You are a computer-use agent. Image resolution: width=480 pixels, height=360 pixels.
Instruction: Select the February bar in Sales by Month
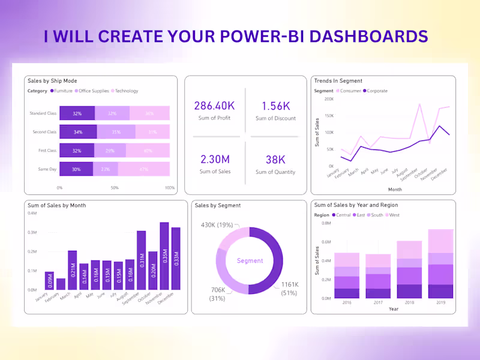click(x=61, y=284)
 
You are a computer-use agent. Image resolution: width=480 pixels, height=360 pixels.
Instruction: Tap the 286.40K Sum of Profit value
click(x=214, y=106)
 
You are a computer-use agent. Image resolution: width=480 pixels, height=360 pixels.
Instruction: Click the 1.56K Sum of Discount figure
click(x=275, y=106)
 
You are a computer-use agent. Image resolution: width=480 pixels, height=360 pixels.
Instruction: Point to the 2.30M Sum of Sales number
click(x=214, y=160)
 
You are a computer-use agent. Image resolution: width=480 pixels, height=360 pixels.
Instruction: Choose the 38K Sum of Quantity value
click(x=275, y=160)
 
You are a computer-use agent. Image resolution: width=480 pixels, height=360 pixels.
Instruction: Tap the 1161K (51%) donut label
click(x=289, y=289)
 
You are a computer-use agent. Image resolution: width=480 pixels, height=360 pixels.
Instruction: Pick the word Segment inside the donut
click(x=250, y=261)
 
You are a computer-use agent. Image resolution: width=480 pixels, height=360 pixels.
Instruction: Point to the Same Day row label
click(x=47, y=169)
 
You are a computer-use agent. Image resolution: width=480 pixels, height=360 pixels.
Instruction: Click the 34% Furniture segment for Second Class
click(x=78, y=132)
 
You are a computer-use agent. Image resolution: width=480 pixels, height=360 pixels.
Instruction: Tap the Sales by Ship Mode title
click(x=52, y=81)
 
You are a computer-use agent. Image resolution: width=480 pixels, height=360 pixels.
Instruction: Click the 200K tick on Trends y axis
click(x=328, y=99)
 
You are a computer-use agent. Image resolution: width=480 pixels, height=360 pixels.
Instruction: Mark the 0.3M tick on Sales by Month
click(x=32, y=232)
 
